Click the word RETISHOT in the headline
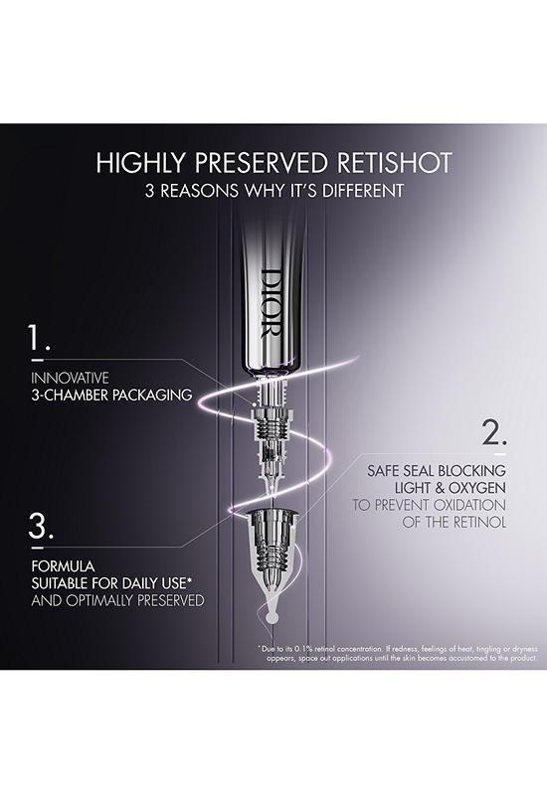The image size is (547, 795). coord(394,163)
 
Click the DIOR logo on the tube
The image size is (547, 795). coord(271,303)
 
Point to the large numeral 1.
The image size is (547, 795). coord(39,338)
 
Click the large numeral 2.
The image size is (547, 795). coord(493,433)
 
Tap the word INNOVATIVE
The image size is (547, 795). coord(70,378)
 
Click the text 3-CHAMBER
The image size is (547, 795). coord(70,395)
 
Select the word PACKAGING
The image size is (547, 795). coord(152,395)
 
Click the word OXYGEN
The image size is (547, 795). coord(477,488)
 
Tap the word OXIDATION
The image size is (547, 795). coord(466,505)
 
